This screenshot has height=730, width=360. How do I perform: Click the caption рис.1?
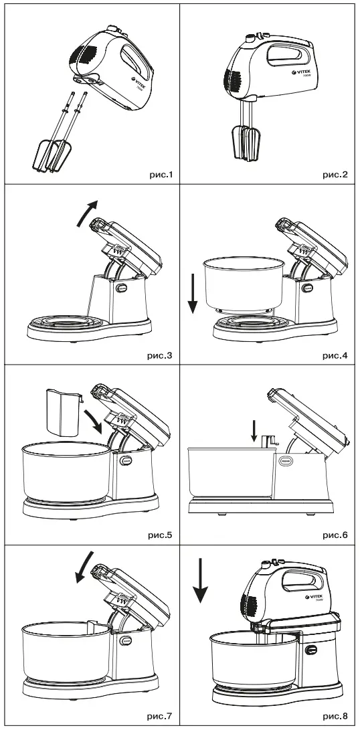point(159,175)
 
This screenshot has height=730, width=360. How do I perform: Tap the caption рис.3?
point(159,355)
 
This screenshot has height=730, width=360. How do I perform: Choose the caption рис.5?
point(159,535)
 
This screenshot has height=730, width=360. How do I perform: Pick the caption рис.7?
point(159,717)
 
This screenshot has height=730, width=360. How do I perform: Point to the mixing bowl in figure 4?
point(242,284)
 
